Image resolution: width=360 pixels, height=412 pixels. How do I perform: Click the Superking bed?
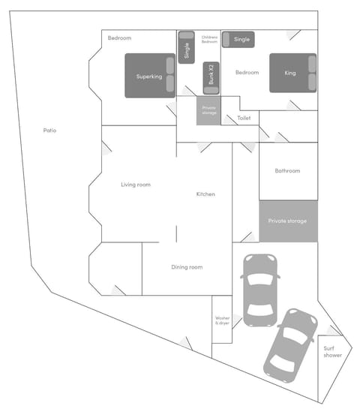151,76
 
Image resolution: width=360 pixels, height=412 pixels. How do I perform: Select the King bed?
292,73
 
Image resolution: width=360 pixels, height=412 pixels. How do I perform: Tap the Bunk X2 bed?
211,76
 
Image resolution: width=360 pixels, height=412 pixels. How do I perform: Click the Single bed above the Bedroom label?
242,39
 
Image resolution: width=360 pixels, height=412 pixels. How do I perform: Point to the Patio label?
49,131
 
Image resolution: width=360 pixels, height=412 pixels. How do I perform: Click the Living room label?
136,185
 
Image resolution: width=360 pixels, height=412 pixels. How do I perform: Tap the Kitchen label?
205,194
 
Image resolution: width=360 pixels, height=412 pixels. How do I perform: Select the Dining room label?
187,267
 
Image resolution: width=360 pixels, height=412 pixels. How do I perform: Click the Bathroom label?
287,171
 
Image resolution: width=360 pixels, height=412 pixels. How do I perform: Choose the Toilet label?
244,119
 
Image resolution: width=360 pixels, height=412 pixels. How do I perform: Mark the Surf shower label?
333,351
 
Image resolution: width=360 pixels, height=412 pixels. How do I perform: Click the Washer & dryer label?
222,320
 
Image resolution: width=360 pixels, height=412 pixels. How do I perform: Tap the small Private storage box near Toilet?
209,111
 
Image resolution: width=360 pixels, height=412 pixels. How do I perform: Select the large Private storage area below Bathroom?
288,221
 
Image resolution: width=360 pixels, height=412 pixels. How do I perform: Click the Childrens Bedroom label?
209,39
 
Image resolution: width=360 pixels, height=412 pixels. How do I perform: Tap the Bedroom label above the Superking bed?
119,38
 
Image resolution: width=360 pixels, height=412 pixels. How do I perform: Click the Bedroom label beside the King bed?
247,73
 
